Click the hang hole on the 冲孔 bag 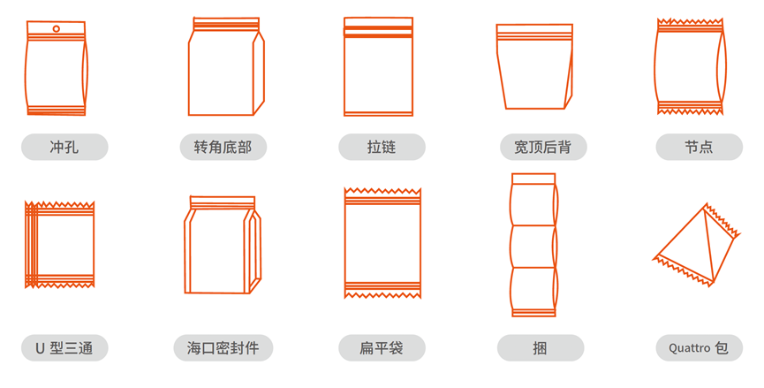pyautogui.click(x=57, y=29)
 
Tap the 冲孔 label pyautogui.click(x=64, y=147)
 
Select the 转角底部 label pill pyautogui.click(x=223, y=147)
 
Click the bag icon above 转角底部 pyautogui.click(x=226, y=66)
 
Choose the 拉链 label pyautogui.click(x=382, y=147)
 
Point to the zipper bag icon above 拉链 pyautogui.click(x=378, y=66)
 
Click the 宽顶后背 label pyautogui.click(x=543, y=147)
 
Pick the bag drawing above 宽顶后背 pyautogui.click(x=534, y=66)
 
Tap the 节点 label pyautogui.click(x=700, y=147)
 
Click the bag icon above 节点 pyautogui.click(x=690, y=66)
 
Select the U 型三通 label pyautogui.click(x=64, y=348)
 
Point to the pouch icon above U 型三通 pyautogui.click(x=59, y=244)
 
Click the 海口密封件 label pyautogui.click(x=223, y=348)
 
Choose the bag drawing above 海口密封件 pyautogui.click(x=223, y=245)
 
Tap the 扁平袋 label pyautogui.click(x=382, y=348)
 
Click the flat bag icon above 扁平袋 pyautogui.click(x=382, y=243)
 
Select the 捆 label pyautogui.click(x=541, y=348)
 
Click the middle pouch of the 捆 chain pyautogui.click(x=533, y=247)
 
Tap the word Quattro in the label pyautogui.click(x=689, y=348)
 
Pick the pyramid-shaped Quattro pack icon pyautogui.click(x=696, y=245)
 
